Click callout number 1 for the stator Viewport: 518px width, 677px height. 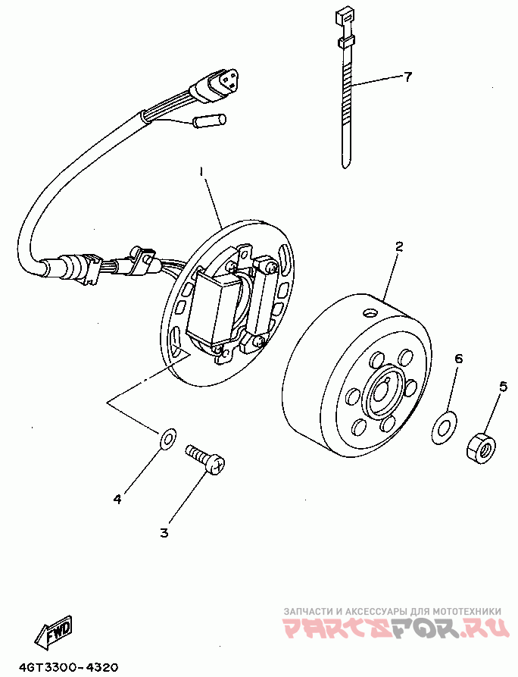[201, 173]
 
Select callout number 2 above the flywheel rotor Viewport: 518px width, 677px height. [399, 246]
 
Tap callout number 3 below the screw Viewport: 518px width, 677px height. [164, 532]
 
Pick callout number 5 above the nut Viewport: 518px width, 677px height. [503, 386]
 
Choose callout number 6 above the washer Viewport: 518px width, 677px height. [459, 358]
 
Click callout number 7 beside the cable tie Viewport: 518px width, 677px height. [407, 77]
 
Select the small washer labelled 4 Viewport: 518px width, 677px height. [167, 437]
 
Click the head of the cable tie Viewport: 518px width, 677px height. [343, 15]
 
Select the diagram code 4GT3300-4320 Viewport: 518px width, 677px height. [69, 668]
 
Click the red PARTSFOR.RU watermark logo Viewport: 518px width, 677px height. [393, 628]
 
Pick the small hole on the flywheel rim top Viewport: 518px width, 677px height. [369, 313]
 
